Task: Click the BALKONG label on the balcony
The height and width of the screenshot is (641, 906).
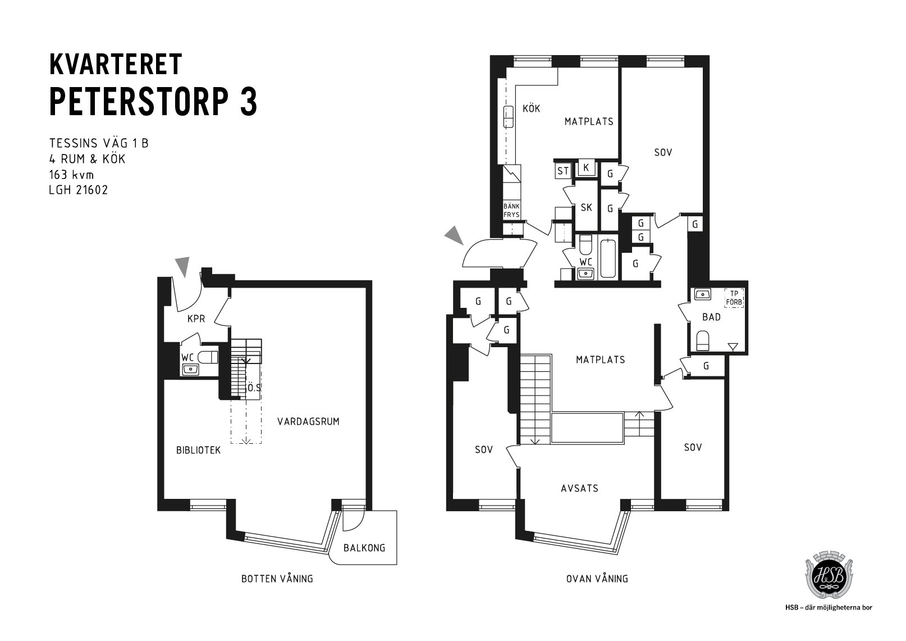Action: (364, 548)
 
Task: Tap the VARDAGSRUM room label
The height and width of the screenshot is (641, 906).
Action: (308, 421)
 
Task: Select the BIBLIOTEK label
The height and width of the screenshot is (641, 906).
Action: (198, 450)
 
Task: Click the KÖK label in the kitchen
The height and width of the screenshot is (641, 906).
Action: (531, 108)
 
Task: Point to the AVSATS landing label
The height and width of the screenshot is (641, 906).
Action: (579, 488)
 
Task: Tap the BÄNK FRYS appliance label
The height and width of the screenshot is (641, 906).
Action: (511, 211)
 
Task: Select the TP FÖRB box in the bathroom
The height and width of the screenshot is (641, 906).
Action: (734, 298)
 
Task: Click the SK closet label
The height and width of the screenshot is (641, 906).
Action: (586, 208)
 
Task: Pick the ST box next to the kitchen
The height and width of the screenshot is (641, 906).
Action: (562, 171)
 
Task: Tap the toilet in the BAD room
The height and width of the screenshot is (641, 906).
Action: (703, 341)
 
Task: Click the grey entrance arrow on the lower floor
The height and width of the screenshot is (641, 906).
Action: (183, 266)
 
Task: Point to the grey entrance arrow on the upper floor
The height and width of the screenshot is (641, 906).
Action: (455, 235)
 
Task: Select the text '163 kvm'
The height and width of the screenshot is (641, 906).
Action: (71, 175)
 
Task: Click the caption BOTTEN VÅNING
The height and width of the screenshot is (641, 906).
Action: (277, 579)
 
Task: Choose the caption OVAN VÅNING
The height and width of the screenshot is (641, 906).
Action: (597, 579)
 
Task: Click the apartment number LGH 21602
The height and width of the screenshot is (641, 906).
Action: (79, 190)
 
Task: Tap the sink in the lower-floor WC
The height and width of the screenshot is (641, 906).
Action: (190, 369)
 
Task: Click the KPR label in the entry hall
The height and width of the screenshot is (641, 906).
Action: (196, 319)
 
